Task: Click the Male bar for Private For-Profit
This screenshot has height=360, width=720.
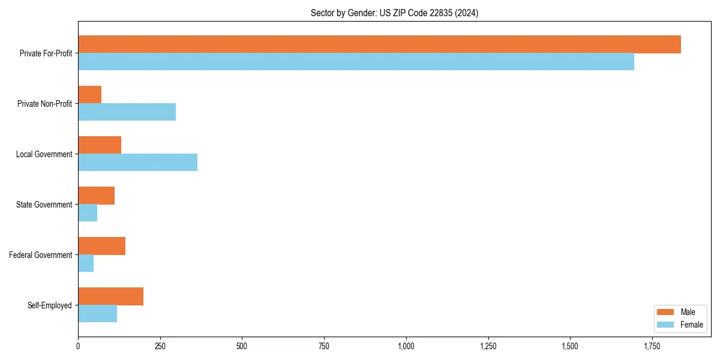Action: point(379,44)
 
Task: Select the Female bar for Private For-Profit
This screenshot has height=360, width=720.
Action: point(356,62)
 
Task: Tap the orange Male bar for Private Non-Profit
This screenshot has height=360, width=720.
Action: point(90,95)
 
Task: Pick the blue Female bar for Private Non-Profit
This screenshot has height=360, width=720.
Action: point(127,112)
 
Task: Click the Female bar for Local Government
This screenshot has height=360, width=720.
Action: point(137,163)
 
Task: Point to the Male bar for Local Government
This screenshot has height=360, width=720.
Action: point(100,145)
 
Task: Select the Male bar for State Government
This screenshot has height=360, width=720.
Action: point(96,196)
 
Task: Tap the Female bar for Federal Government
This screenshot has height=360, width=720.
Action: point(86,263)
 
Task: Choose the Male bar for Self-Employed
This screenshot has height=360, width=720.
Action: point(110,296)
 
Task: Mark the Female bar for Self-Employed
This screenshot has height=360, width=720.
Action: point(97,314)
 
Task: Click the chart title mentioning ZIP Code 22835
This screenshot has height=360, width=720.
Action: point(394,13)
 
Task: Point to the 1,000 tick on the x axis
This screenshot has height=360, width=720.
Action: point(406,346)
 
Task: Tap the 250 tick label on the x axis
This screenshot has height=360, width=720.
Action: point(160,346)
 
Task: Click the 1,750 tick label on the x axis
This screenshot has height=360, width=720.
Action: point(652,346)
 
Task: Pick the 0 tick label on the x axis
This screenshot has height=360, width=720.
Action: point(78,346)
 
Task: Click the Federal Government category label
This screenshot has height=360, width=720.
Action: point(41,255)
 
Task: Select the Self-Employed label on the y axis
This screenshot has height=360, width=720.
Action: point(50,305)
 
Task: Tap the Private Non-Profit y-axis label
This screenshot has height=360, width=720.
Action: point(45,104)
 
